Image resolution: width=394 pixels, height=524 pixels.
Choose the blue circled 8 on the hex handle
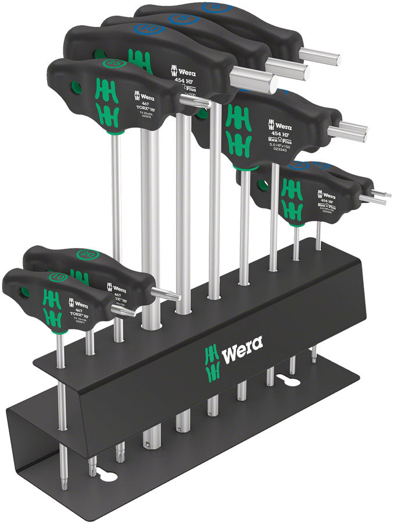184,19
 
